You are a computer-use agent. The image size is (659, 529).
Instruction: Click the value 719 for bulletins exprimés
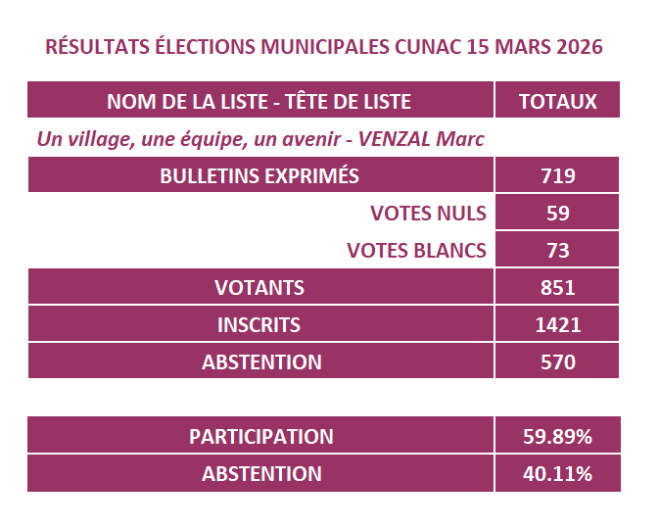pyautogui.click(x=557, y=176)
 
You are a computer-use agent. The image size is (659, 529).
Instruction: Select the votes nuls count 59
pyautogui.click(x=557, y=213)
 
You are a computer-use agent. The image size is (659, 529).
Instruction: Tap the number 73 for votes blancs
pyautogui.click(x=557, y=250)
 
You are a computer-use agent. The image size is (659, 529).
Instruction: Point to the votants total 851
pyautogui.click(x=557, y=287)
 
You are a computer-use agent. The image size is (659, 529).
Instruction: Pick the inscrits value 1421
pyautogui.click(x=557, y=324)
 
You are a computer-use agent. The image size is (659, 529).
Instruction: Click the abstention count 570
pyautogui.click(x=557, y=361)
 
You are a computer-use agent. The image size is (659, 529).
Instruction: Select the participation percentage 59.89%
pyautogui.click(x=557, y=436)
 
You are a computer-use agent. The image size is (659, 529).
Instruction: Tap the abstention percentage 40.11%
pyautogui.click(x=557, y=474)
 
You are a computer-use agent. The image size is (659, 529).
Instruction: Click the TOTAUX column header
pyautogui.click(x=557, y=102)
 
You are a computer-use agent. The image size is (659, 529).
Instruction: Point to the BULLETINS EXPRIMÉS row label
pyautogui.click(x=259, y=176)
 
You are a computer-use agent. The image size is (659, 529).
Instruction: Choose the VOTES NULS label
pyautogui.click(x=428, y=213)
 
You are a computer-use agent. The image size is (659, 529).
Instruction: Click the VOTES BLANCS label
pyautogui.click(x=416, y=250)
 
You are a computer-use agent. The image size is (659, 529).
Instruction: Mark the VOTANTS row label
pyautogui.click(x=259, y=287)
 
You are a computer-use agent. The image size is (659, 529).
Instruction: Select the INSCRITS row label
pyautogui.click(x=259, y=324)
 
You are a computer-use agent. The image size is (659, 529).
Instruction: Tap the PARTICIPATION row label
pyautogui.click(x=260, y=436)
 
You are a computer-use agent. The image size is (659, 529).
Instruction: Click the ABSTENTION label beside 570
pyautogui.click(x=261, y=361)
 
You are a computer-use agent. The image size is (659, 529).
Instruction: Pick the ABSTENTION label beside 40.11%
pyautogui.click(x=261, y=474)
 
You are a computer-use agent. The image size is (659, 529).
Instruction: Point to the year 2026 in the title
pyautogui.click(x=577, y=46)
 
